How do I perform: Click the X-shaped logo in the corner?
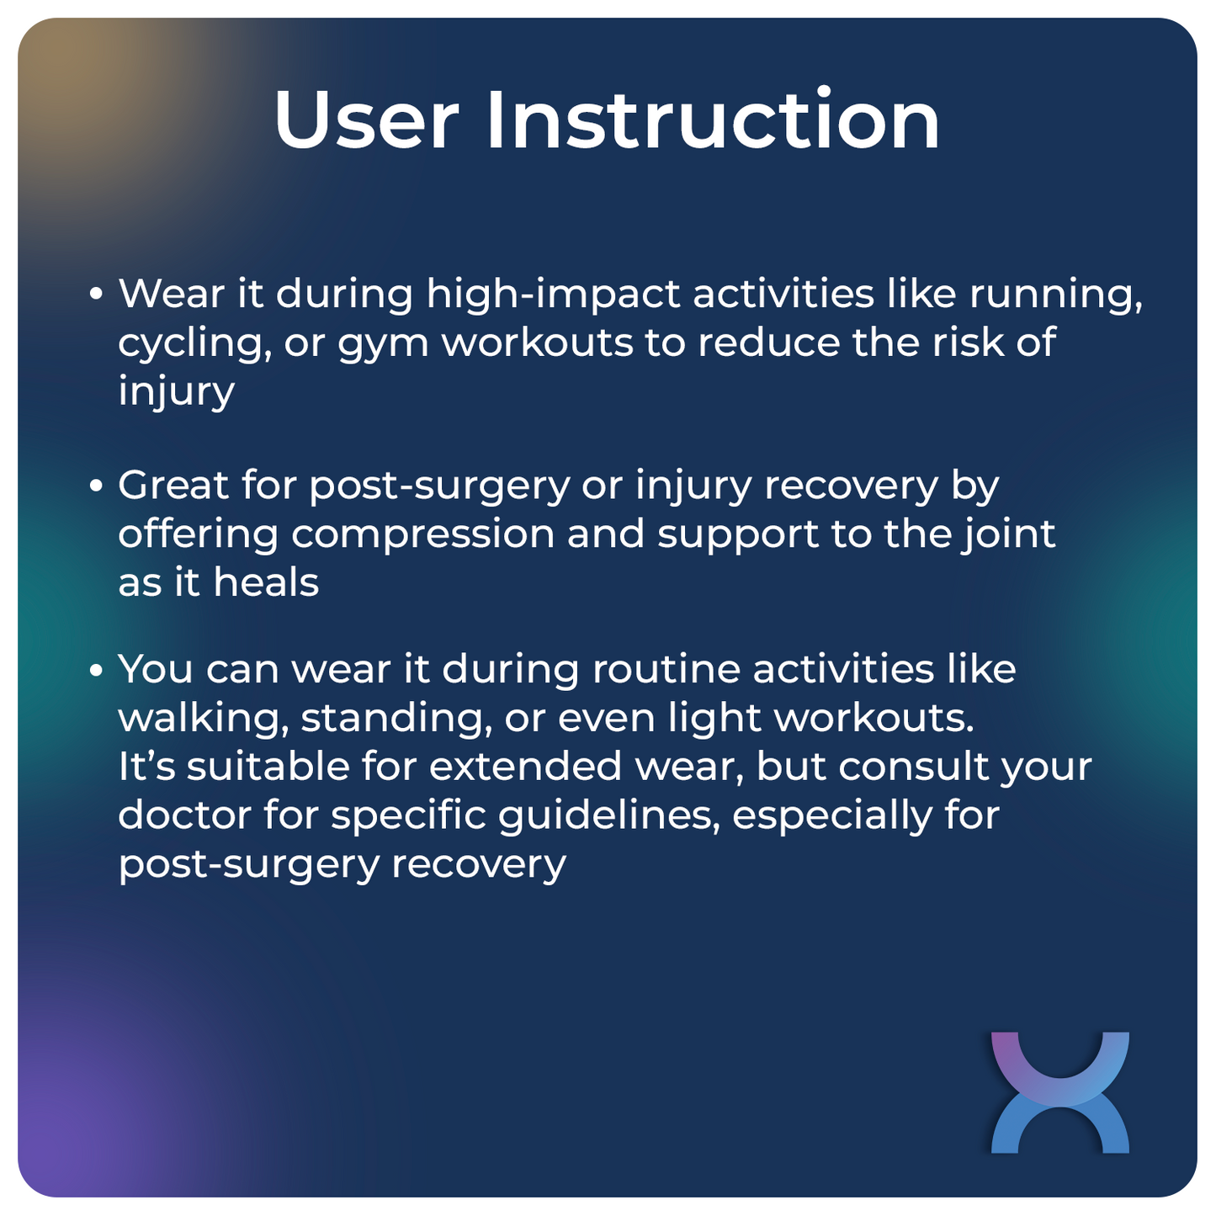[1059, 1091]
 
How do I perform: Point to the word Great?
[173, 486]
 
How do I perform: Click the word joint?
[1008, 534]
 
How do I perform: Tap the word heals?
[266, 582]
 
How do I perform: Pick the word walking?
[202, 720]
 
